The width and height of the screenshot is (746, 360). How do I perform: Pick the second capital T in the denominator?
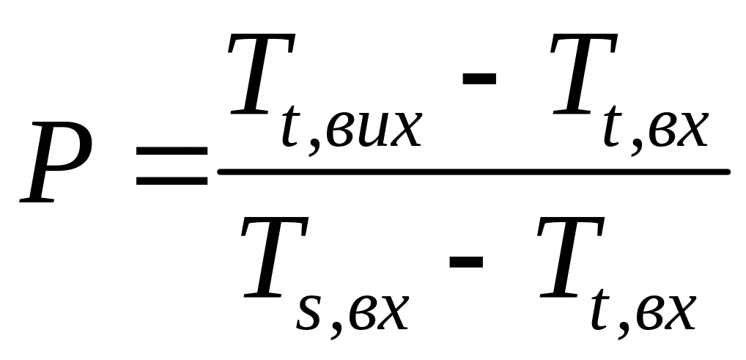click(568, 260)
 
